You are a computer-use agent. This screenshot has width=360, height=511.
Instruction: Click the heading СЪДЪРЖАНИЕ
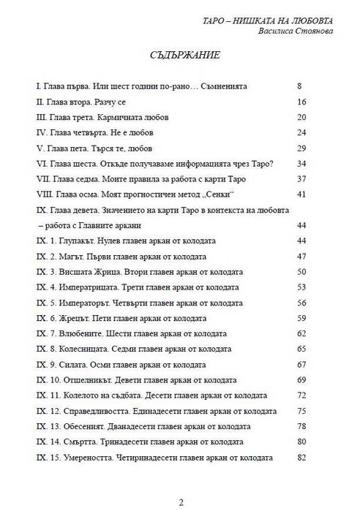[x=180, y=55]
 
